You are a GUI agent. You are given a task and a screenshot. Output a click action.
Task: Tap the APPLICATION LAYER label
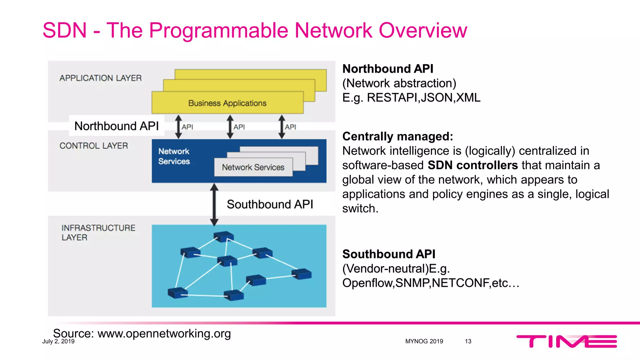100,78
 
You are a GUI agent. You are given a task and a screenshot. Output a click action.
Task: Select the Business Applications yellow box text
227,103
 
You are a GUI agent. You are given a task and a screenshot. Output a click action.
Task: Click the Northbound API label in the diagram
117,126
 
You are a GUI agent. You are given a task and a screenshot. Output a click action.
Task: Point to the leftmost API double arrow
178,127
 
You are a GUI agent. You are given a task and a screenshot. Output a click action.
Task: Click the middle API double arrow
230,127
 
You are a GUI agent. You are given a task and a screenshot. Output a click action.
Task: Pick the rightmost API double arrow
282,127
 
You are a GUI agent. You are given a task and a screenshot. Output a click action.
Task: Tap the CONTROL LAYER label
93,146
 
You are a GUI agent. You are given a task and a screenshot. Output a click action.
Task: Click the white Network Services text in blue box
174,156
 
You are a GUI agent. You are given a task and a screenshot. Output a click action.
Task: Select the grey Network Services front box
253,167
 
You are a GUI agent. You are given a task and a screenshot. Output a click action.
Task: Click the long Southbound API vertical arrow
214,205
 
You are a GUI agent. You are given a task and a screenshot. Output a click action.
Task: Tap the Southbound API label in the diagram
270,204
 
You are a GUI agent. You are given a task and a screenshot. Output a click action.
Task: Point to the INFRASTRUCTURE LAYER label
98,232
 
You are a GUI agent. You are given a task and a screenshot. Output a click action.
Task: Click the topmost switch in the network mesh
223,237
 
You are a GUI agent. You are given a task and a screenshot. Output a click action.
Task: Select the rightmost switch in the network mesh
301,274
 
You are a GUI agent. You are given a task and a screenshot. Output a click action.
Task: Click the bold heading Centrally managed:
397,137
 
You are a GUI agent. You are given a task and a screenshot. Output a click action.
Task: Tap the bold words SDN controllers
472,165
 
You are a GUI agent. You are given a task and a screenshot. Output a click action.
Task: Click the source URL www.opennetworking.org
164,333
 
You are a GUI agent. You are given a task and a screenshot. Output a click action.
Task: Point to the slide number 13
468,341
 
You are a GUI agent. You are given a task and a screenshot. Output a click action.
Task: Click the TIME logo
566,341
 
